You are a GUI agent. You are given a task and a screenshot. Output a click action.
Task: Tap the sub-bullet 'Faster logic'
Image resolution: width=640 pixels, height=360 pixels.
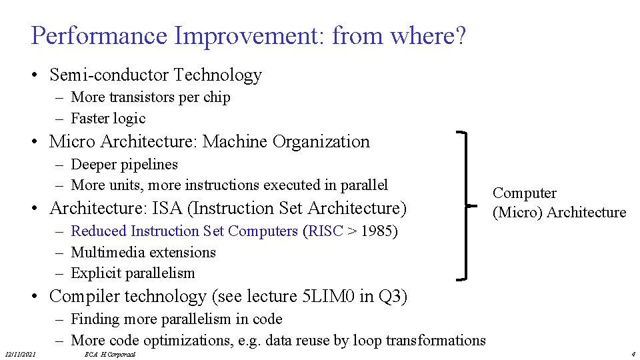click(108, 119)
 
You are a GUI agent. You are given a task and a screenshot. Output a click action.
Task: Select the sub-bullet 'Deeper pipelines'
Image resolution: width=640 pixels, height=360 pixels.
click(124, 164)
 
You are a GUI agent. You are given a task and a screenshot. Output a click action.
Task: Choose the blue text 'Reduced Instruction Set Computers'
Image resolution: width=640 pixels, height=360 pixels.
click(184, 231)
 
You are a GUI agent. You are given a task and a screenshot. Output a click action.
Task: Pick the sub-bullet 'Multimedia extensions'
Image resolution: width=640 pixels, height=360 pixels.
click(143, 253)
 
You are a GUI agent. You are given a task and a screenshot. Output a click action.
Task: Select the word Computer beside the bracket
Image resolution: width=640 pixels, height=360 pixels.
click(524, 193)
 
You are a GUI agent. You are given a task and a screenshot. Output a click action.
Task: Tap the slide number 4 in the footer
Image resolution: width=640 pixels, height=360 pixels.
click(633, 354)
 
